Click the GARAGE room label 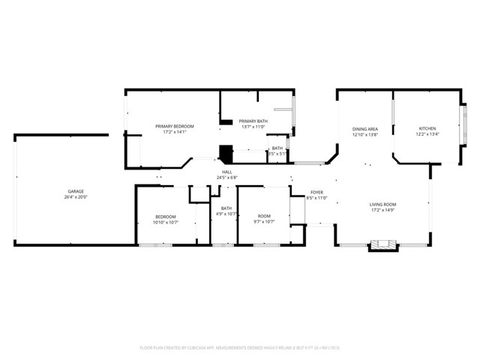coord(76,191)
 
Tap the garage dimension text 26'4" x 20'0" coord(76,198)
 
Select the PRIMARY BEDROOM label coord(174,126)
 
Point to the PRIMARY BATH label coord(253,121)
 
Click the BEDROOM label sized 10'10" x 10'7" coord(166,216)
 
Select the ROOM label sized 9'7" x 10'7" coord(264,216)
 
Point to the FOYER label coord(317,192)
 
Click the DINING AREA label coord(365,129)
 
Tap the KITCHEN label coord(427,129)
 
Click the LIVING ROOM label coord(382,204)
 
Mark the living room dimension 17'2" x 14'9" coord(382,211)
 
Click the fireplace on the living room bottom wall coord(382,244)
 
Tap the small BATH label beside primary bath coord(277,148)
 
